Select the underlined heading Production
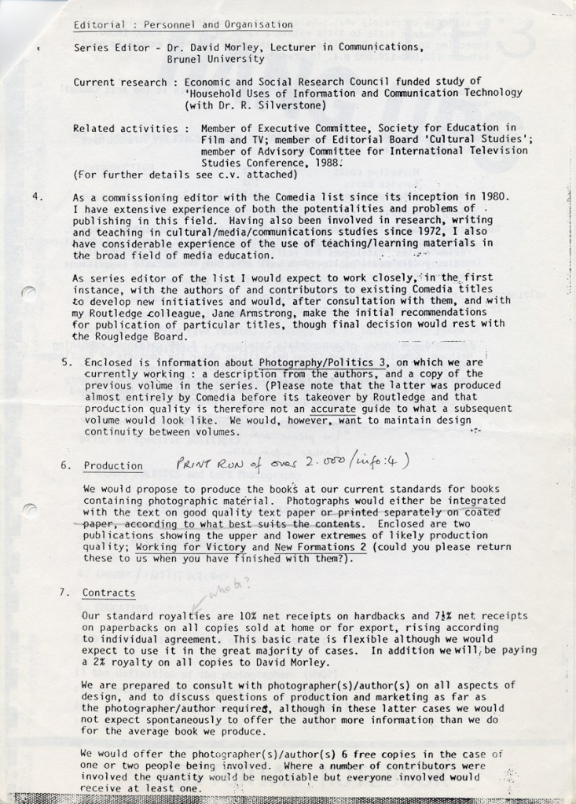113,466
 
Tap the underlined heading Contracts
108,593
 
